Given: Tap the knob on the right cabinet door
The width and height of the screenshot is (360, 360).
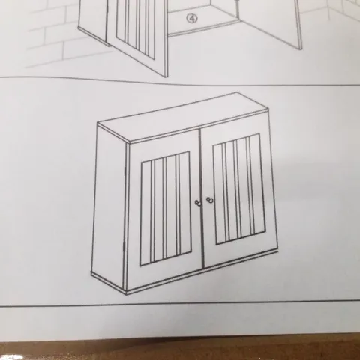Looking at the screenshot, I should click(211, 200).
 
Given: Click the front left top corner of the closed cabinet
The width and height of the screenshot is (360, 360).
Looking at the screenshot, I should click(128, 142).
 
